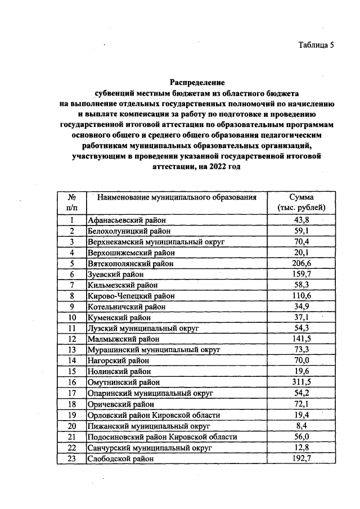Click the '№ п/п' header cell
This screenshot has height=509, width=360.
(x=72, y=202)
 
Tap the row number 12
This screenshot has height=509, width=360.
(x=72, y=339)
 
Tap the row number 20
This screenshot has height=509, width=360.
(x=72, y=426)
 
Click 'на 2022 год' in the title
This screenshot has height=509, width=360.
(x=219, y=168)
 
